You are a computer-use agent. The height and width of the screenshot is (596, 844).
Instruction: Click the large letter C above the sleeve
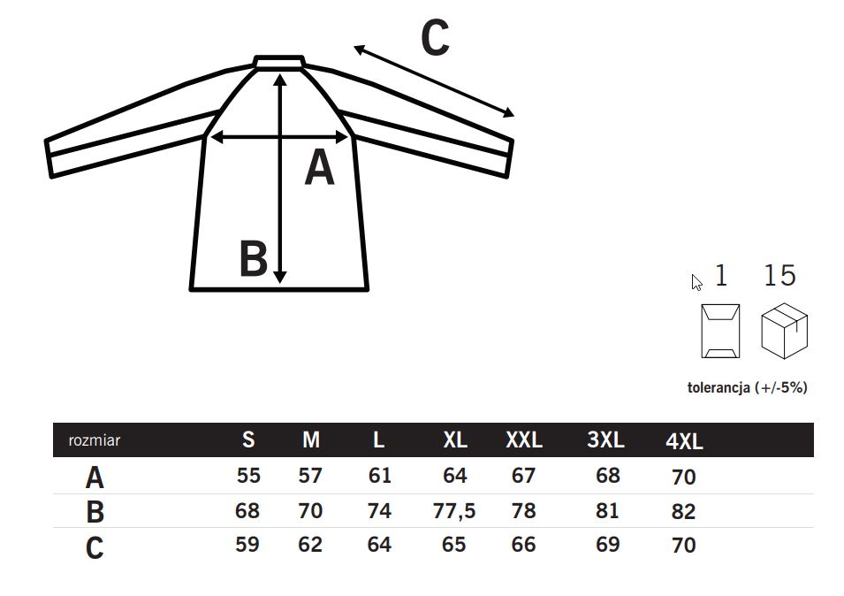tap(435, 38)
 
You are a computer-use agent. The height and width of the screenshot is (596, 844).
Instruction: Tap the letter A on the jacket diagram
tap(320, 168)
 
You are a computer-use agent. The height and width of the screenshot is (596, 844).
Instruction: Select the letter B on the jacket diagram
tap(253, 258)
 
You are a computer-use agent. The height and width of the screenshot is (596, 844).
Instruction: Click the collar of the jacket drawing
tap(279, 61)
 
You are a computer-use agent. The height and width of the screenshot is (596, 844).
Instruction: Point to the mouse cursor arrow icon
tap(696, 283)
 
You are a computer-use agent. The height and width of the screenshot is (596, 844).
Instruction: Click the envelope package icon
tap(720, 331)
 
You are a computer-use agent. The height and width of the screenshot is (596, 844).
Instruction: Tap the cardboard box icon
tap(784, 331)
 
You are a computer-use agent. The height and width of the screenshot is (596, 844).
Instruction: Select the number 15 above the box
tap(779, 275)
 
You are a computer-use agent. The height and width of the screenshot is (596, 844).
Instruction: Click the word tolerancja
tap(719, 387)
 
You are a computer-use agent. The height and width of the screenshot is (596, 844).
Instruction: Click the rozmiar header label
tap(95, 440)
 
